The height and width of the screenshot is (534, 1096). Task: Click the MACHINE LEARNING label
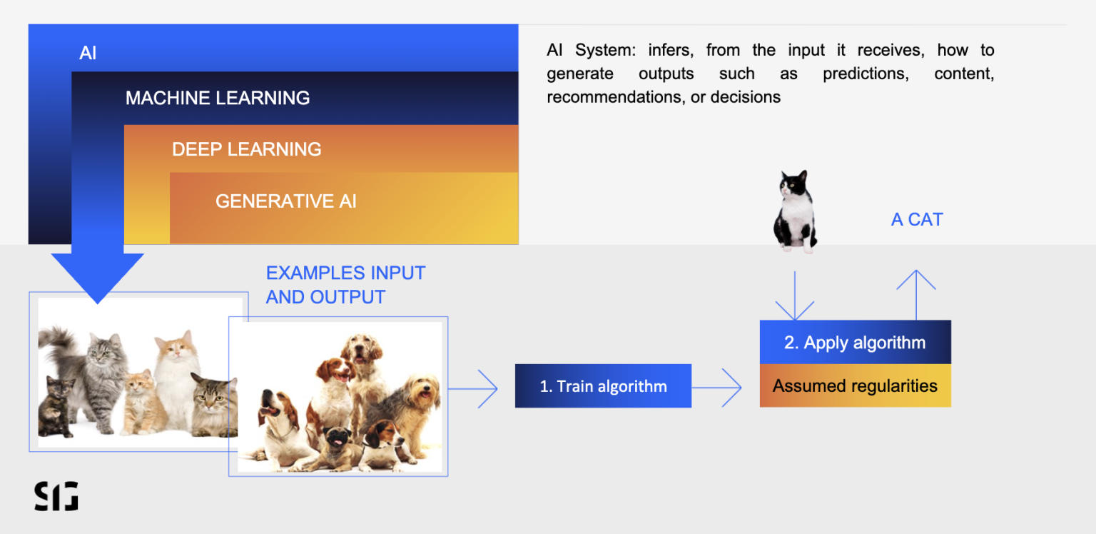click(x=218, y=98)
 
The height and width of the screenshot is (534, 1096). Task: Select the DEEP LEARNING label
click(x=246, y=149)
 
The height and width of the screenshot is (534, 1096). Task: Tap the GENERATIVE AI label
click(x=285, y=201)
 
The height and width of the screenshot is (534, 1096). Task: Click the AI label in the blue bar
click(x=88, y=54)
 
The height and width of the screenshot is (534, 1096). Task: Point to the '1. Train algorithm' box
click(x=603, y=386)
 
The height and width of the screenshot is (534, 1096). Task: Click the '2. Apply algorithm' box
click(x=855, y=343)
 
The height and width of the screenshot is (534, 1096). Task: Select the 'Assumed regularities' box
click(x=855, y=386)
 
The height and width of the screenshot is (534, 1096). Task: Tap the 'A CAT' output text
click(x=917, y=220)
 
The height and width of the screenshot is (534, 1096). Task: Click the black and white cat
click(x=793, y=211)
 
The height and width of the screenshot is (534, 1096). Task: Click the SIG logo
click(x=56, y=496)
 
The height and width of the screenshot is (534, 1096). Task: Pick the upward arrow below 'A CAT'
click(x=916, y=293)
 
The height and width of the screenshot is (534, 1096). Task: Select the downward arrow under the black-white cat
click(x=794, y=295)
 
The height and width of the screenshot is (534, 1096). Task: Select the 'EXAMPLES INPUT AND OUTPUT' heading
click(x=345, y=285)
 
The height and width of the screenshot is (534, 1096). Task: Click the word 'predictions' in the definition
click(x=865, y=74)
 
